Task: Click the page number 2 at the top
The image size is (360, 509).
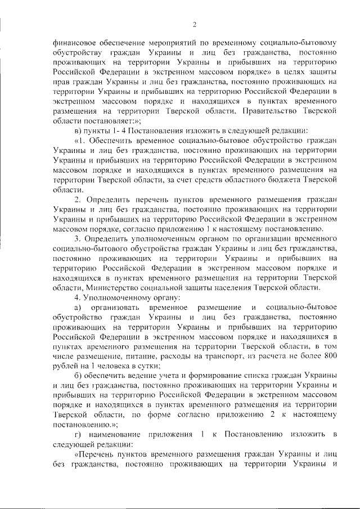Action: pos(193,24)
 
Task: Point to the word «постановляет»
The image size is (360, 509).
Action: pos(109,121)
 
